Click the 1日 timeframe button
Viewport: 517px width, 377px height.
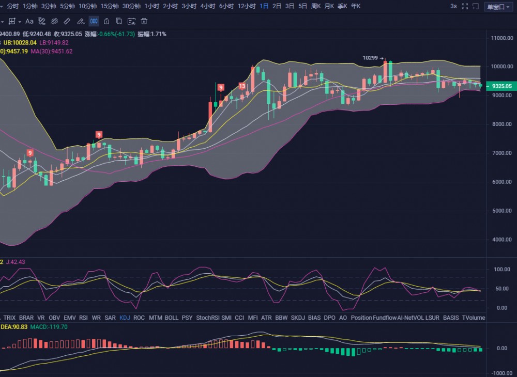click(x=264, y=6)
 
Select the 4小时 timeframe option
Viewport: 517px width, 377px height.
click(x=207, y=6)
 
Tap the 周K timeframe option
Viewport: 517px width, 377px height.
click(x=315, y=6)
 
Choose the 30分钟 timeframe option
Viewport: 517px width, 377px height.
click(x=132, y=6)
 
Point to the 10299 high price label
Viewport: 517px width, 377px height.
click(x=370, y=58)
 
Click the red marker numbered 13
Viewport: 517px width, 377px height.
click(x=242, y=86)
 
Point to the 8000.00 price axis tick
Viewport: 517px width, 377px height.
click(x=501, y=124)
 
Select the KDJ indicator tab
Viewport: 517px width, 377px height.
click(x=125, y=318)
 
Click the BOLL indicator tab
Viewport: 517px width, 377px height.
click(x=171, y=318)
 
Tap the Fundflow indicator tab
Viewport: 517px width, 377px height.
click(x=384, y=318)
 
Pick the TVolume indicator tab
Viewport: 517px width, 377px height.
click(x=473, y=318)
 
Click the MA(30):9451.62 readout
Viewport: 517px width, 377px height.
click(x=52, y=51)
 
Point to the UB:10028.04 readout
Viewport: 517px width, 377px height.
click(x=20, y=42)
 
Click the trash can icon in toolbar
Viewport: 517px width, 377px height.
click(x=144, y=21)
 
